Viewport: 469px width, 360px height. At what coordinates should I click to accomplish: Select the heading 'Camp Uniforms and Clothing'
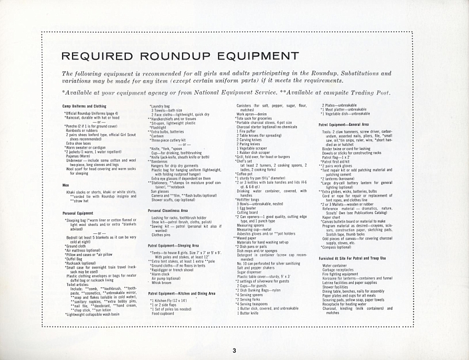point(84,106)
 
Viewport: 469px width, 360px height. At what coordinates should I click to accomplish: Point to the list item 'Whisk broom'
point(163,283)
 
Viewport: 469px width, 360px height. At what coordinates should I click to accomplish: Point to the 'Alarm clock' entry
point(162,273)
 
